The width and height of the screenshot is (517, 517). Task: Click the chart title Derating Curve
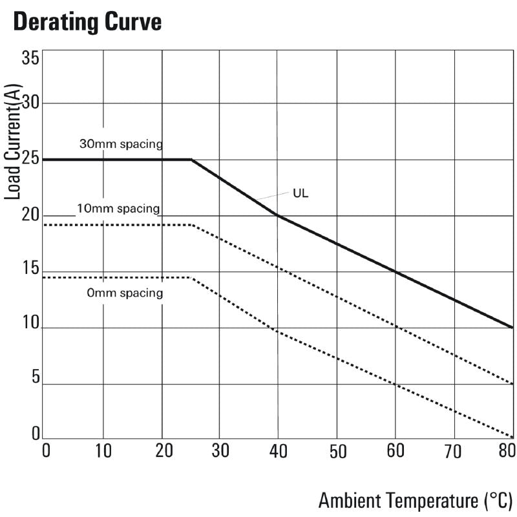click(x=87, y=23)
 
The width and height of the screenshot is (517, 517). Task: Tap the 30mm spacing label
click(x=120, y=143)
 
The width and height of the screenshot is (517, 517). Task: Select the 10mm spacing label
click(x=118, y=209)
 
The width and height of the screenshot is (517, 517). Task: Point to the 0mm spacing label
click(x=125, y=293)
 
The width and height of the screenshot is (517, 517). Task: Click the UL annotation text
click(x=301, y=193)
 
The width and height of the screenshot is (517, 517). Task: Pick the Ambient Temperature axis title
click(x=416, y=500)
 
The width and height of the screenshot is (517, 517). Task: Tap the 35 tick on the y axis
click(x=30, y=58)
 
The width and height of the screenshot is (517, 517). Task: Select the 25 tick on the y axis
click(x=30, y=159)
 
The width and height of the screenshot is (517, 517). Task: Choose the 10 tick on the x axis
click(x=103, y=450)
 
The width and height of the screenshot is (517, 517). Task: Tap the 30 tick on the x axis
click(x=220, y=450)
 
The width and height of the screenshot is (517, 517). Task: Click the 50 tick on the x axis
click(x=337, y=450)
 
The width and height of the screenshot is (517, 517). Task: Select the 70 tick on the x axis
click(x=454, y=450)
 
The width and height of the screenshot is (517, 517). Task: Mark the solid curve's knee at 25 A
click(x=191, y=160)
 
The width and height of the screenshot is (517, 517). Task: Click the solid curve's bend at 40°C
click(x=277, y=215)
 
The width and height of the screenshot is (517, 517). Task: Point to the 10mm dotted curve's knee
click(x=193, y=225)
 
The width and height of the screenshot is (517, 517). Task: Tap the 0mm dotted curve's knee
click(x=192, y=278)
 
